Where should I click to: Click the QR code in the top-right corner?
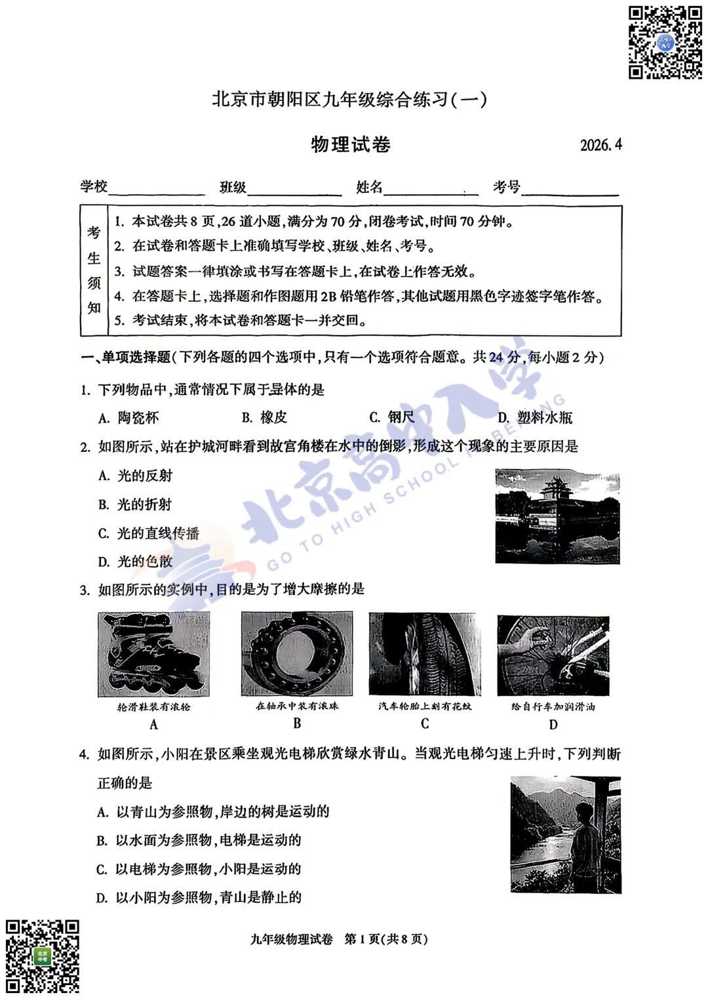(x=665, y=43)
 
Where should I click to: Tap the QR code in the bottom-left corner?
(x=43, y=956)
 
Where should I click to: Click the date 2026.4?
(x=600, y=145)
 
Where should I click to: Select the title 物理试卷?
(x=351, y=144)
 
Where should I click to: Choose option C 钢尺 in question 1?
(x=392, y=417)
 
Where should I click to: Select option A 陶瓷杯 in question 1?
(x=129, y=418)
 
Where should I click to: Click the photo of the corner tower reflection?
(x=557, y=516)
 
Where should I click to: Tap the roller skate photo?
(x=154, y=654)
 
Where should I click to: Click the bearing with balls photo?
(x=297, y=654)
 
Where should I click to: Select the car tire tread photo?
(x=425, y=654)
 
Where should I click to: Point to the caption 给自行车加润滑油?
(x=553, y=706)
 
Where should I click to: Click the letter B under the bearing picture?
(x=297, y=724)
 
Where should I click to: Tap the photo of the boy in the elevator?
(x=565, y=834)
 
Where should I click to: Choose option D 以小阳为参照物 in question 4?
(x=199, y=897)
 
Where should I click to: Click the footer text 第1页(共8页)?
(x=386, y=939)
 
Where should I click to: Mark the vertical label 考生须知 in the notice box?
(x=94, y=270)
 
